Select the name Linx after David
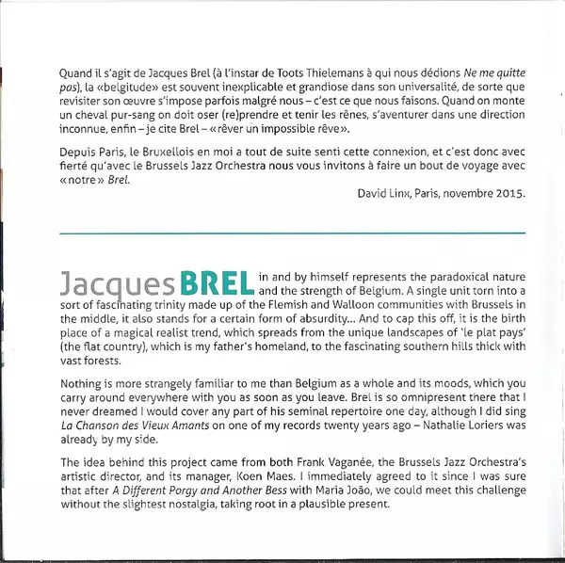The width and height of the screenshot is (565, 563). pos(393,195)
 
